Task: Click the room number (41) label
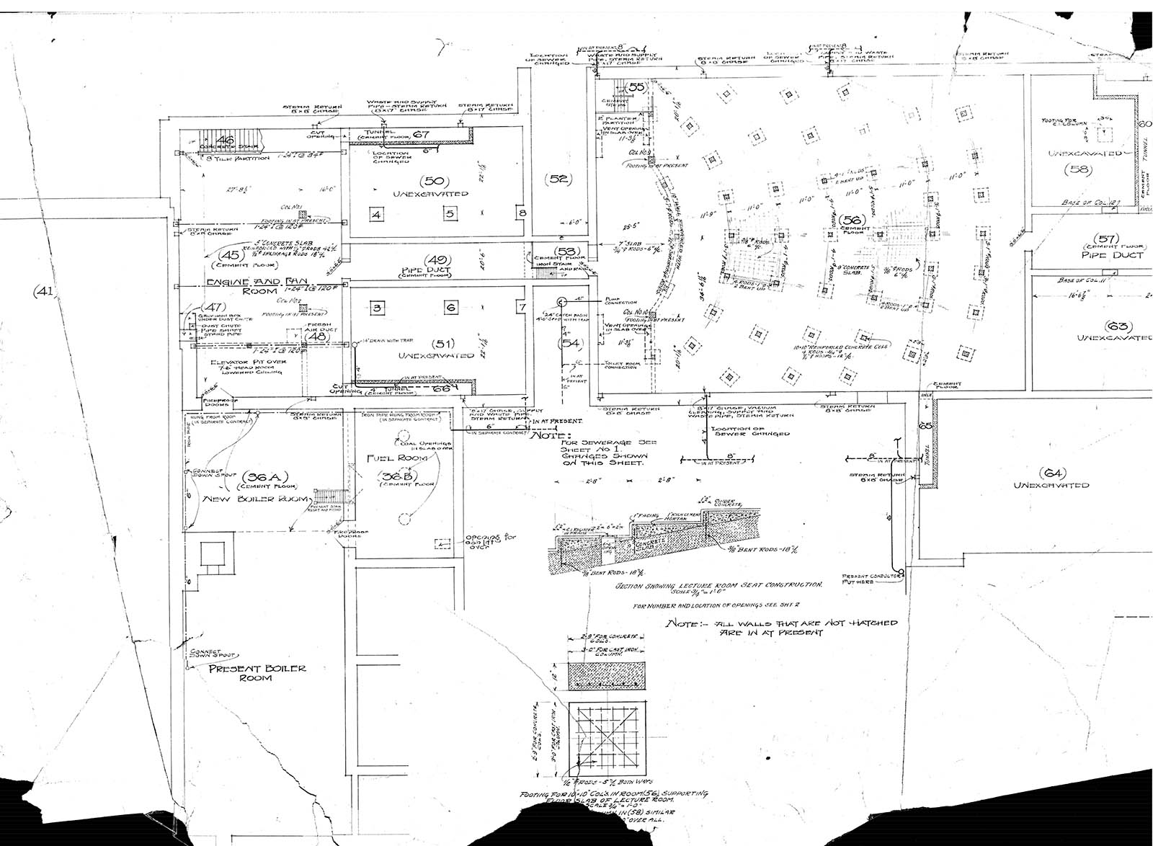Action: pyautogui.click(x=44, y=291)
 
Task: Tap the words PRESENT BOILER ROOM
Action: pyautogui.click(x=257, y=673)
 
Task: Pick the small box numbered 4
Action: pyautogui.click(x=377, y=214)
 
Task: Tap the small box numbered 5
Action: pyautogui.click(x=449, y=214)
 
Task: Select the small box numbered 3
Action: pyautogui.click(x=377, y=308)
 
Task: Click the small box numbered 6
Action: pyautogui.click(x=451, y=308)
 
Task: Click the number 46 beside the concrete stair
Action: pyautogui.click(x=226, y=140)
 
